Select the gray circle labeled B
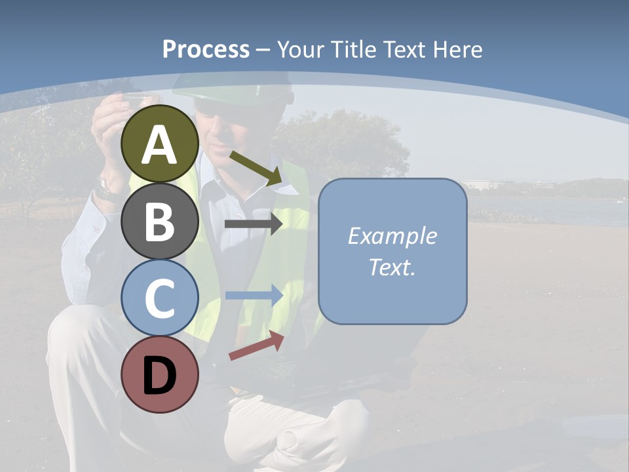pos(160,221)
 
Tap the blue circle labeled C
pos(160,298)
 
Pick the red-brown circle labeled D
pos(160,374)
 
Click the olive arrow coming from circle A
pos(255,167)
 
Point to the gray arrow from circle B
pos(253,224)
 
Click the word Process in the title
pos(206,49)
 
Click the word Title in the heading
pos(354,49)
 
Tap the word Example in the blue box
pos(392,236)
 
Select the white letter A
pos(160,146)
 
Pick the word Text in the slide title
pos(404,49)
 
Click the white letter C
pos(160,299)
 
